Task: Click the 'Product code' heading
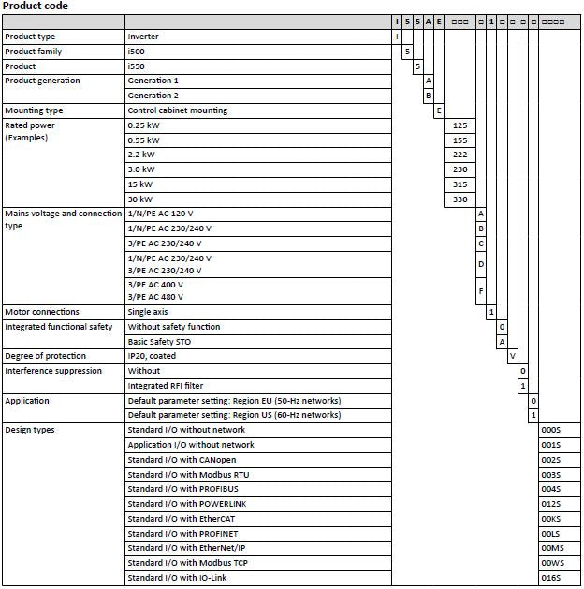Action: [36, 7]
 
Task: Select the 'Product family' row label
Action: [34, 52]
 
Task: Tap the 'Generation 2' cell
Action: [153, 96]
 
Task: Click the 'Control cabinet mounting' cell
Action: [177, 110]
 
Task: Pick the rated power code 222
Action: [460, 155]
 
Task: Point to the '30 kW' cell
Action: [141, 199]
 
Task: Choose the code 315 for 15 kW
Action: [460, 184]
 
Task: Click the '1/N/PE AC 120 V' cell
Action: [167, 214]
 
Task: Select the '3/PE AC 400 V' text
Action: [155, 284]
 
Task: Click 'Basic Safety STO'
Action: [160, 342]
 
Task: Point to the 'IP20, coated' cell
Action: [153, 356]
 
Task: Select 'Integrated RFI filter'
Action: [165, 386]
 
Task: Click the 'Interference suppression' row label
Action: [53, 371]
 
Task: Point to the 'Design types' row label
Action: [30, 430]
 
